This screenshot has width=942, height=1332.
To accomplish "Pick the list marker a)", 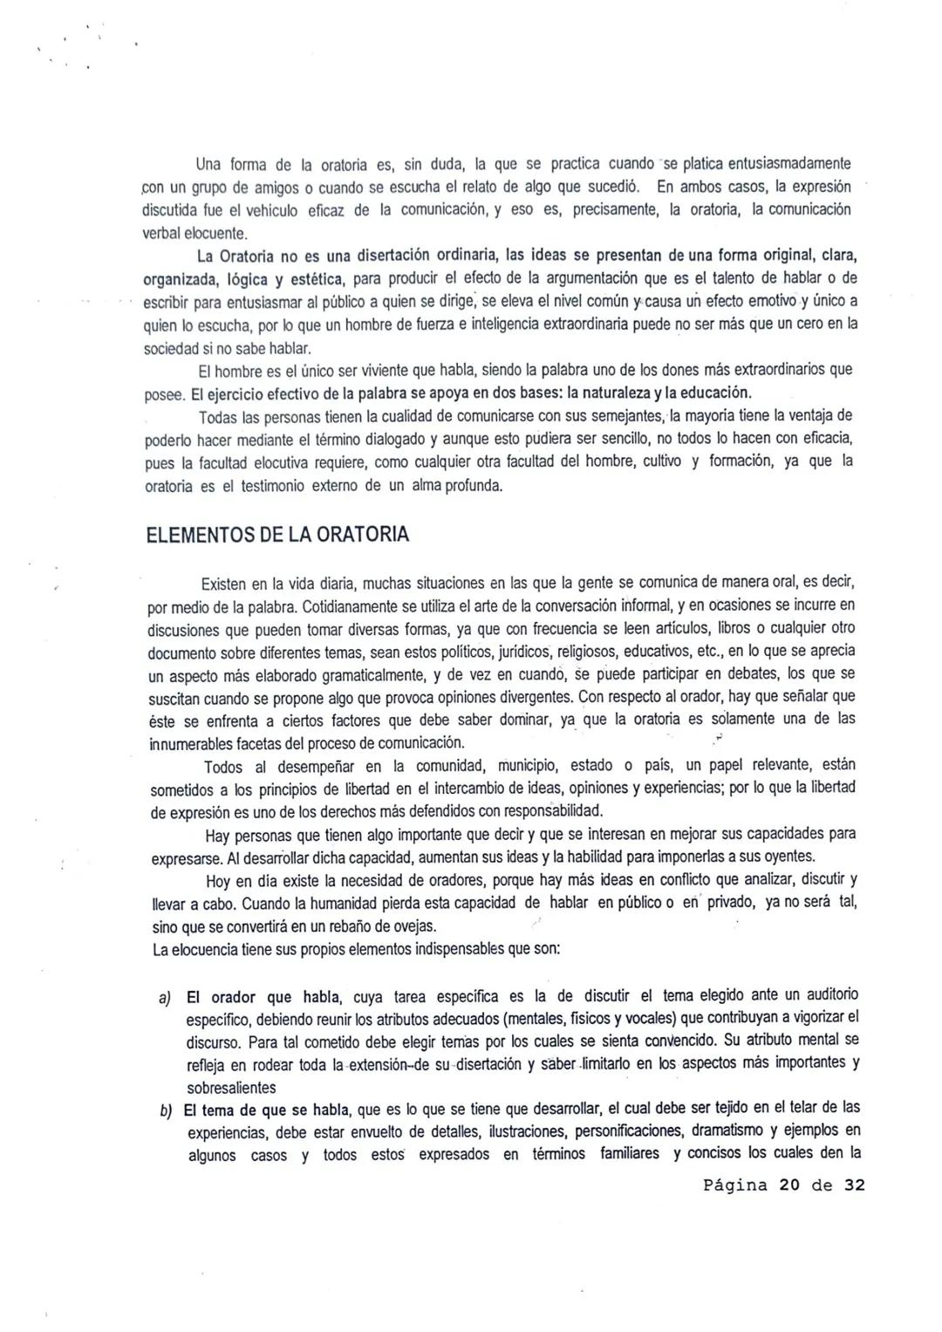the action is point(165,996).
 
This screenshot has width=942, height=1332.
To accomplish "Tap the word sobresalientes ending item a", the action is point(231,1088).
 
